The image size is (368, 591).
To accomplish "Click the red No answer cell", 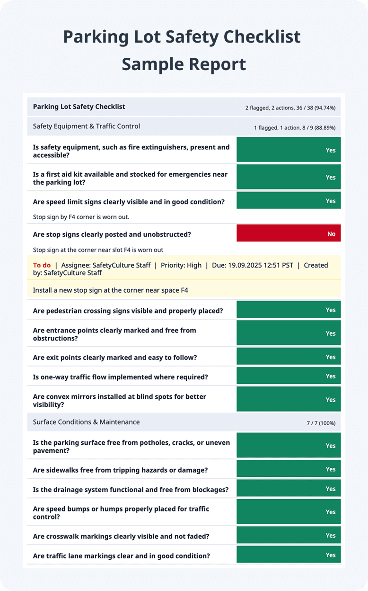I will pos(289,233).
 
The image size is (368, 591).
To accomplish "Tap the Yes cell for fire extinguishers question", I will pos(289,150).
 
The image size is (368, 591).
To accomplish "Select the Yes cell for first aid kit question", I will pos(289,177).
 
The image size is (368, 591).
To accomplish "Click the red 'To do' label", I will pos(42,265).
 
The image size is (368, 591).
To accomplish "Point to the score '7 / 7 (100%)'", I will pos(321,423).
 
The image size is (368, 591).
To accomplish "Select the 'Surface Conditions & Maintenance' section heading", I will pos(86,422).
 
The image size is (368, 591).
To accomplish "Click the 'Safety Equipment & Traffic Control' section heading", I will pos(87,126).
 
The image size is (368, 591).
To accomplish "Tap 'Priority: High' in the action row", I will pos(181,265).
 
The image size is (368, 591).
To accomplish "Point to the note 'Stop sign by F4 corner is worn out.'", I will pos(81,217).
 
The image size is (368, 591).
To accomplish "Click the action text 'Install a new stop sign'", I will pos(110,290).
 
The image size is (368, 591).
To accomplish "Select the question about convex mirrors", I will pos(119,400).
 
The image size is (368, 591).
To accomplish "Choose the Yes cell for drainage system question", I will pos(289,489).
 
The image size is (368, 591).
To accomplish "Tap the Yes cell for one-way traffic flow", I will pos(289,376).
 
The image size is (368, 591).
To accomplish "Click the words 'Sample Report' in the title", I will pos(184,63).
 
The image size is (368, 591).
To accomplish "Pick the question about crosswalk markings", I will pos(121,536).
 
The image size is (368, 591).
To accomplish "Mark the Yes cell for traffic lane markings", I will pos(289,555).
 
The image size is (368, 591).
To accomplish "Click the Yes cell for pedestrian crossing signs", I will pos(289,310).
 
